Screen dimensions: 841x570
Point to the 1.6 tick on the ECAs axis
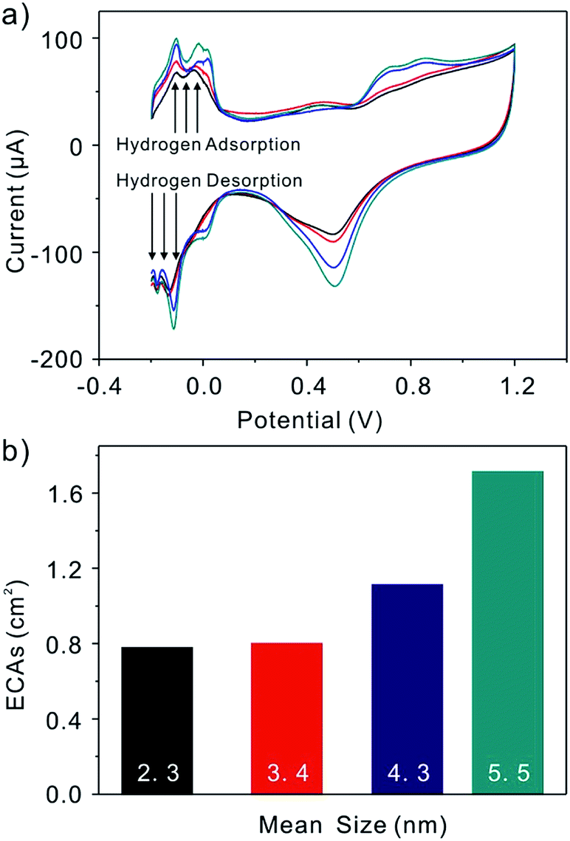pyautogui.click(x=69, y=493)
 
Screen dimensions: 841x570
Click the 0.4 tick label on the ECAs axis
pyautogui.click(x=69, y=719)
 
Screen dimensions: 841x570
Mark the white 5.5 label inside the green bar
pyautogui.click(x=507, y=773)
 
